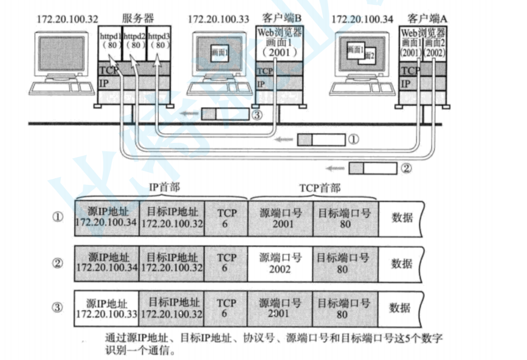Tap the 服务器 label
pyautogui.click(x=137, y=18)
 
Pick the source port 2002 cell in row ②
pyautogui.click(x=280, y=263)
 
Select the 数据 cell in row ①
pyautogui.click(x=402, y=218)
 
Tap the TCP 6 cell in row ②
pyautogui.click(x=226, y=263)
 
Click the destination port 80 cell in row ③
pyautogui.click(x=343, y=308)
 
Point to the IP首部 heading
pyautogui.click(x=165, y=187)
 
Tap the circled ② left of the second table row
pyautogui.click(x=57, y=263)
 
